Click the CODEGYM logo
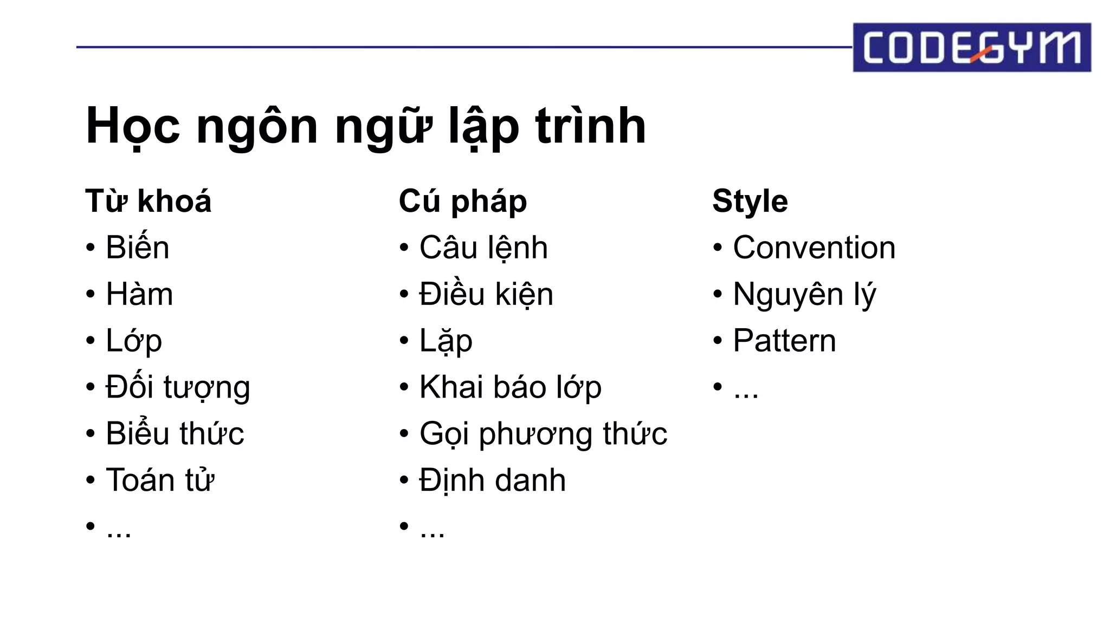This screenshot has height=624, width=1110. tap(971, 48)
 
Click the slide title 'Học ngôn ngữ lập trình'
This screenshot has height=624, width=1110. tap(366, 126)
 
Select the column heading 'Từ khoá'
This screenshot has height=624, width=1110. tap(148, 201)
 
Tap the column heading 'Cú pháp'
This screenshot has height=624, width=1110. tap(462, 201)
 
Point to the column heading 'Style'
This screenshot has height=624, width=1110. tap(750, 201)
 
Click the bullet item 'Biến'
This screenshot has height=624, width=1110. tap(137, 248)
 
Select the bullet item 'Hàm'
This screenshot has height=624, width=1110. tap(139, 294)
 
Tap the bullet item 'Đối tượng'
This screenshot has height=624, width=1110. tap(177, 387)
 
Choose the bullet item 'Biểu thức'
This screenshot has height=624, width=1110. tap(175, 433)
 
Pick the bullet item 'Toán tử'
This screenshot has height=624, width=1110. tap(160, 480)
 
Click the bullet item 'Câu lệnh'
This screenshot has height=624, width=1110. tap(483, 248)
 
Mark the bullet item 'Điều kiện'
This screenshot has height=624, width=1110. tap(486, 294)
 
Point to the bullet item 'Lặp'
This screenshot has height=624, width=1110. tap(446, 341)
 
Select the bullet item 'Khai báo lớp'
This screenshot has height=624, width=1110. tap(510, 387)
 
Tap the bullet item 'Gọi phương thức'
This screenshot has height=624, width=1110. tap(543, 433)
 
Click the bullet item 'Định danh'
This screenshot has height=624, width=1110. tap(492, 480)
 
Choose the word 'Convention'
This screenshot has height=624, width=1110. tap(814, 248)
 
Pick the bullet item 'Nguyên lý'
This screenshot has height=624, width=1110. tap(804, 294)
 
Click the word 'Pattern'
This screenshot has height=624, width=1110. tap(784, 341)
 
